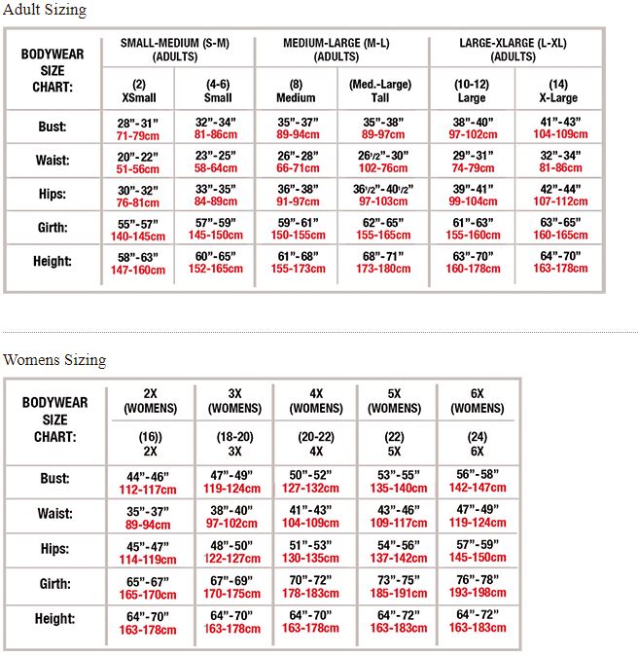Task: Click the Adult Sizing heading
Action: coord(45,11)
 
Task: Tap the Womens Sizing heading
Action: coord(54,360)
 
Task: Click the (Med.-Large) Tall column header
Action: coord(380,91)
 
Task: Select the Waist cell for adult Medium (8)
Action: coord(297,161)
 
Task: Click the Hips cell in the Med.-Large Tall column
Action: coord(382,194)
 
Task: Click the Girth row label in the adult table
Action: coord(53,228)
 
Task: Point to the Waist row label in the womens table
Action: coord(54,514)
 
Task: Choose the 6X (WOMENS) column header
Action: coord(478,400)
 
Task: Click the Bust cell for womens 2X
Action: coord(149,482)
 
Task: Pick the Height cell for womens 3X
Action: coord(233,621)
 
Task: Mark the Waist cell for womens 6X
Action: coord(478,515)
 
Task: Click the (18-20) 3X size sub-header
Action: coord(234,445)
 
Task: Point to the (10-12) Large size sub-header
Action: coord(471,91)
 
